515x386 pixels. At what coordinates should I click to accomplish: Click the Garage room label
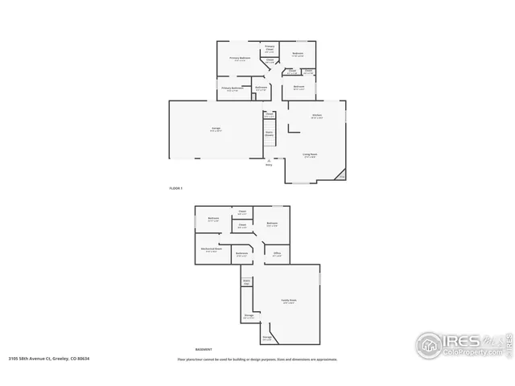click(216, 128)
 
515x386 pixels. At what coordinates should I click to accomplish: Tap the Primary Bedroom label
click(240, 58)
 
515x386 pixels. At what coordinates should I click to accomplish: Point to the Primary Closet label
click(270, 47)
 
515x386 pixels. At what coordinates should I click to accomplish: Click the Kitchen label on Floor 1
click(317, 116)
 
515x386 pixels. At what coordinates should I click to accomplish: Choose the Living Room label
click(309, 156)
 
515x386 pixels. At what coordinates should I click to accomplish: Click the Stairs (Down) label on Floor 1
click(270, 133)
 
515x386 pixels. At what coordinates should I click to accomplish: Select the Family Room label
click(287, 301)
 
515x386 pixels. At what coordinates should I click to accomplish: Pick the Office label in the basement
click(277, 253)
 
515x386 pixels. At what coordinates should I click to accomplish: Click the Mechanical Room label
click(212, 249)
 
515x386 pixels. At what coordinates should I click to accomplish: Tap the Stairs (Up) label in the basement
click(246, 282)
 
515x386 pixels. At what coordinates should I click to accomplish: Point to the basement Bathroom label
click(241, 253)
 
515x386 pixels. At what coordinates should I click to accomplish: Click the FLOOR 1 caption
click(176, 188)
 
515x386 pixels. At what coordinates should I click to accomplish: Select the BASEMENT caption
click(204, 350)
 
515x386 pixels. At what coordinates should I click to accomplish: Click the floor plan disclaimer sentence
click(257, 359)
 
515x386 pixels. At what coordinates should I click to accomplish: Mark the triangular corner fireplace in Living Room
click(340, 175)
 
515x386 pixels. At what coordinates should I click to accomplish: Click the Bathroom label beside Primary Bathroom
click(261, 87)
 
